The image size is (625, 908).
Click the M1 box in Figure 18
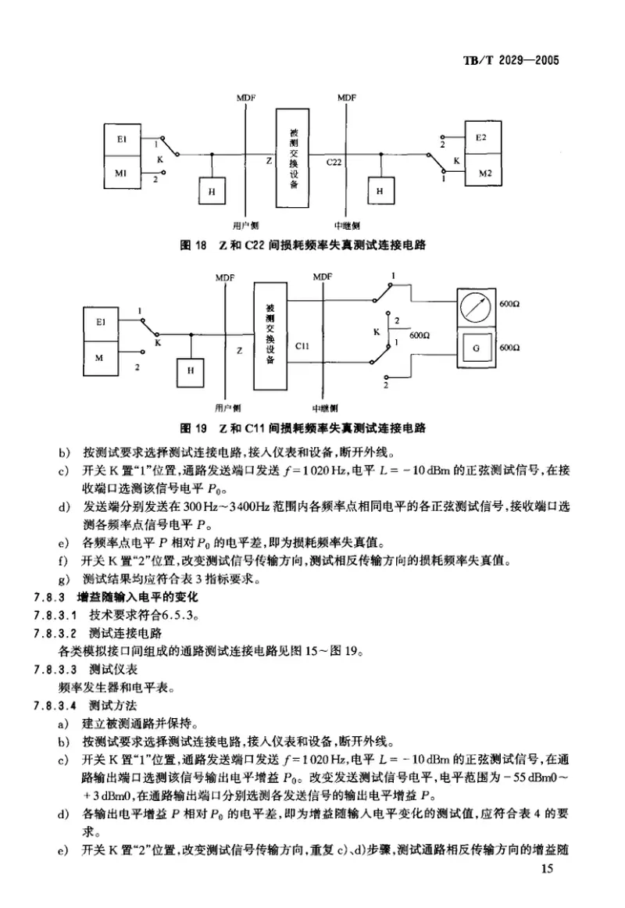[x=124, y=172]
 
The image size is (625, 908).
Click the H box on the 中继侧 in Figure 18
[x=380, y=190]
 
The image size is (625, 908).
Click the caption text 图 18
[x=193, y=245]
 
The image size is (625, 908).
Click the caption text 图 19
[x=193, y=428]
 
